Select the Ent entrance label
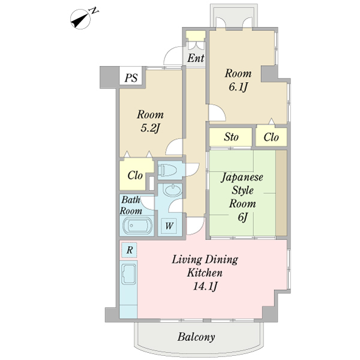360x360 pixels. (x=196, y=59)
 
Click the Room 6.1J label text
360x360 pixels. (x=238, y=80)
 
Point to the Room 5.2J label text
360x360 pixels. (x=150, y=121)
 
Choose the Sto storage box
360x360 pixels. (x=231, y=137)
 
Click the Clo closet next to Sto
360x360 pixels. (x=271, y=137)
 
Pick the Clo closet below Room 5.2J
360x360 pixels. (x=135, y=176)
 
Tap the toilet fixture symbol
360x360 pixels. (x=169, y=170)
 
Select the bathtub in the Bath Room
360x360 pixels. (x=137, y=227)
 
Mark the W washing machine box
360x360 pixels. (x=170, y=226)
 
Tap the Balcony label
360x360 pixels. (x=196, y=337)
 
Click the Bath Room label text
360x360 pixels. (x=131, y=205)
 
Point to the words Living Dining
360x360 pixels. (x=205, y=260)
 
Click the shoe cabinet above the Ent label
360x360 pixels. (x=196, y=44)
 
